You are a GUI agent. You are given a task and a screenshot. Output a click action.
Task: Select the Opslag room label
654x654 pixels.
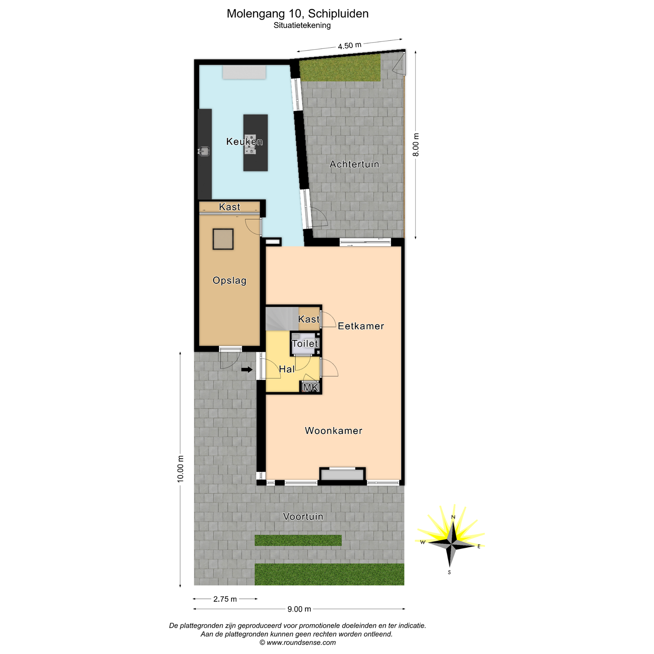point(230,281)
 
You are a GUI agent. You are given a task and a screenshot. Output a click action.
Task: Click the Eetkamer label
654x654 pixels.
point(361,326)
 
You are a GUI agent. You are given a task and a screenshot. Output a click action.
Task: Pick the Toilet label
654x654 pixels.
point(305,344)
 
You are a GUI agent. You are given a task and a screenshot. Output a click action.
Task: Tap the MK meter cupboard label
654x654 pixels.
point(311,388)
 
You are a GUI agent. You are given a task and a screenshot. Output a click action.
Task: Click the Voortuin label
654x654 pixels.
point(303,517)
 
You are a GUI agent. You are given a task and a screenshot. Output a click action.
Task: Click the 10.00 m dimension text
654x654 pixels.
point(181,469)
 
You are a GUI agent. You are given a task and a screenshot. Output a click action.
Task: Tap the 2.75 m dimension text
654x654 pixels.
point(225,599)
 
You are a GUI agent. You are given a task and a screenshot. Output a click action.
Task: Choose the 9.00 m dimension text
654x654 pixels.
point(299,609)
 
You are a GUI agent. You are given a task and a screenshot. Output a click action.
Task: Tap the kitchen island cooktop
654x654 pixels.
point(250,145)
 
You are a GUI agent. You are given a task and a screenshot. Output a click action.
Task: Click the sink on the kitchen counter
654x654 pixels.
point(204,151)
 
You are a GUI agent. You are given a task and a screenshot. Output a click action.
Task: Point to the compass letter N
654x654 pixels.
point(453,517)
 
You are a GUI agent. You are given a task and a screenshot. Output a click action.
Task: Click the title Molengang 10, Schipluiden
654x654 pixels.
point(297,14)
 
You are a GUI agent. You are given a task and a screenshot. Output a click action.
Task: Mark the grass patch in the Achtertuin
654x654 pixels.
point(340,69)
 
